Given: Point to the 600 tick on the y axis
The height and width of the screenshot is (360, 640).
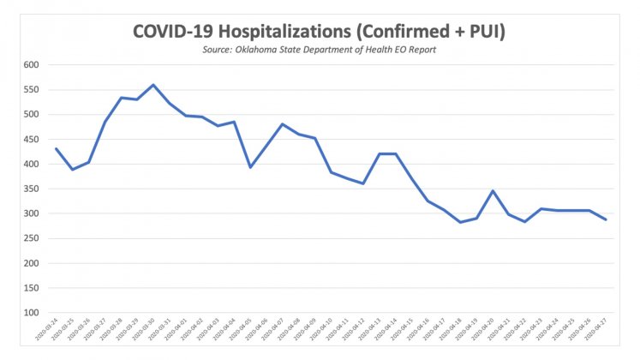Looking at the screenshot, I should point(32,65).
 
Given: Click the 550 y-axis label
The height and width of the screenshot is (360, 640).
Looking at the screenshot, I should point(32,90).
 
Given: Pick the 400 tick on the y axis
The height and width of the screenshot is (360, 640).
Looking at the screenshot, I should point(32,164).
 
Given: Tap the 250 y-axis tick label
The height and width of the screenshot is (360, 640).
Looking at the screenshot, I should point(32,238).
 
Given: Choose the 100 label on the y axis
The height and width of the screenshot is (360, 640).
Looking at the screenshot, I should point(32,312).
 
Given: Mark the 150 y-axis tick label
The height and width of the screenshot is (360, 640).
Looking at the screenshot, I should point(32,287).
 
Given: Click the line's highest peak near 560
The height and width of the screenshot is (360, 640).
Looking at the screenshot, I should point(153,85).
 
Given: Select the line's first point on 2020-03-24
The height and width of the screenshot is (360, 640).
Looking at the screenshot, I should point(56,148).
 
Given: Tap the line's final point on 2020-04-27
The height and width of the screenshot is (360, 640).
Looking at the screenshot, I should point(607,219).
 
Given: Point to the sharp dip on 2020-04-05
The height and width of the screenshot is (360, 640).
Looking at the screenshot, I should point(250,167).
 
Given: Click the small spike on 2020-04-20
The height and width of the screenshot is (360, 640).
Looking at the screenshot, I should point(493,191).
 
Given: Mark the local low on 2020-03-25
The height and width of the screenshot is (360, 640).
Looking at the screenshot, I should point(72,170).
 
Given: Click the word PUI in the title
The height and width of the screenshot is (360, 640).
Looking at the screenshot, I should point(488,32).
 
